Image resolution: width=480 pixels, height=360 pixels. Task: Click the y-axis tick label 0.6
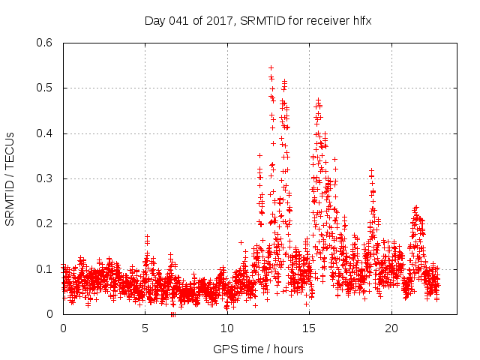click(46, 43)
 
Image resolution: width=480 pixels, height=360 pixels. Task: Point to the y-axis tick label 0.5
click(46, 88)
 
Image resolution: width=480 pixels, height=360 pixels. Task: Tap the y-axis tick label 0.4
click(46, 133)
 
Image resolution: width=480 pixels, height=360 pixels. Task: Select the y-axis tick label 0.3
click(46, 178)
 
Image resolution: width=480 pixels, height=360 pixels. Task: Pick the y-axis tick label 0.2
click(46, 223)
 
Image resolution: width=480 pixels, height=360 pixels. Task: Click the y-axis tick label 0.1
click(46, 268)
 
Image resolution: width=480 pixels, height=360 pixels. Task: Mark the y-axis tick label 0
click(51, 314)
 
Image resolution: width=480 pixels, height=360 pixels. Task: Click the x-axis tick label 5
click(145, 328)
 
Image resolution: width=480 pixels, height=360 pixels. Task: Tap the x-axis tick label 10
click(227, 328)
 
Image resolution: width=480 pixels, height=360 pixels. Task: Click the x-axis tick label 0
click(63, 328)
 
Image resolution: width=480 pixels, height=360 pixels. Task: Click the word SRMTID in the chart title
click(259, 21)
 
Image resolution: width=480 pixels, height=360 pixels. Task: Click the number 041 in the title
click(178, 21)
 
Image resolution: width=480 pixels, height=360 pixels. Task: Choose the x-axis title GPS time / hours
click(258, 349)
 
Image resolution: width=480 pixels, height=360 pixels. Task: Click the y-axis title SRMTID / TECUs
click(10, 178)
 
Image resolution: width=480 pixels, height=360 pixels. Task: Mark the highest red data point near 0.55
click(271, 67)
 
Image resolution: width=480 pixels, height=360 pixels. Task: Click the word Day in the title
click(154, 21)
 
